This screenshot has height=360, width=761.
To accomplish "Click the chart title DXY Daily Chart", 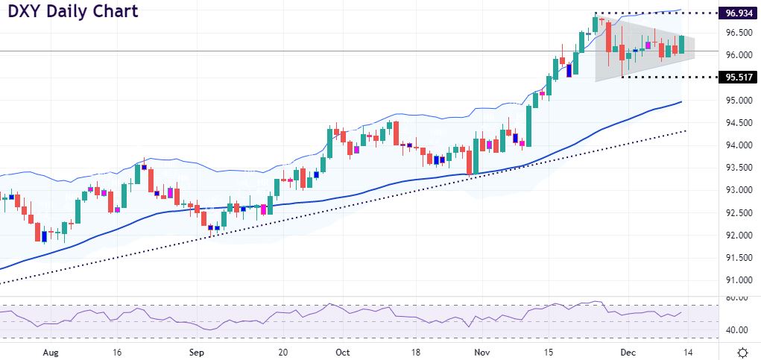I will (72, 13).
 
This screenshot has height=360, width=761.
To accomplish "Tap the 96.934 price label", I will (736, 13).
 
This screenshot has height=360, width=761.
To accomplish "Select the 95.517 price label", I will (736, 78).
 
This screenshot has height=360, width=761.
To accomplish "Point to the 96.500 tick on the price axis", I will (736, 33).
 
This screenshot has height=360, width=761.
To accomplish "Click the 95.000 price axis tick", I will (736, 101).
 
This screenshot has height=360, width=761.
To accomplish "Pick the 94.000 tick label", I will (736, 145).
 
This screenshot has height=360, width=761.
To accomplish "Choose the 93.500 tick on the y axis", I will (736, 168).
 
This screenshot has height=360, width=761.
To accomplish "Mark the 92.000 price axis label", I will (736, 236).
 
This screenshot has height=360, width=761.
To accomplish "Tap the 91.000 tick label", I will (736, 280).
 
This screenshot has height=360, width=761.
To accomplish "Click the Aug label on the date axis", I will (51, 351).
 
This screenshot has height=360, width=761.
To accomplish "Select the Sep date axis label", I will (196, 351).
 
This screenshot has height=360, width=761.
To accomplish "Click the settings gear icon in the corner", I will (742, 351).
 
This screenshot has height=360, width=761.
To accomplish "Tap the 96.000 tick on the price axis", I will (736, 55).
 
